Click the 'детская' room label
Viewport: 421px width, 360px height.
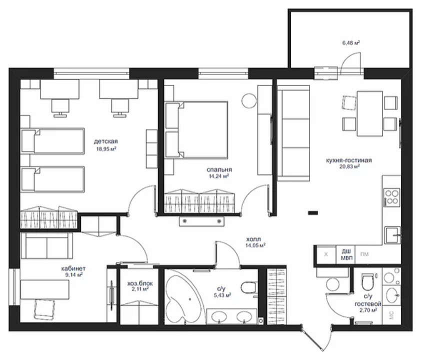pos(106,141)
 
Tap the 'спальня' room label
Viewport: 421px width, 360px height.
pos(219,169)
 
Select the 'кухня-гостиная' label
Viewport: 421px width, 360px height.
pos(349,160)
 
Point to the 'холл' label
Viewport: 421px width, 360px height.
pos(253,239)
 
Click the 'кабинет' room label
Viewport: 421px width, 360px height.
pos(73,268)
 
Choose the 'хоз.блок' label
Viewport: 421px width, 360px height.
pos(140,283)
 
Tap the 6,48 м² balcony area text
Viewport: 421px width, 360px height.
pos(351,42)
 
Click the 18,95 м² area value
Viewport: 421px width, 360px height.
pos(106,148)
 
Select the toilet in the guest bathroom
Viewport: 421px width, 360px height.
pos(367,282)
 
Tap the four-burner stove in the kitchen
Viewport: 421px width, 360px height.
pos(391,197)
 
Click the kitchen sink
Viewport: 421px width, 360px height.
pos(393,235)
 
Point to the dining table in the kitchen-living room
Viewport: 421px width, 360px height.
pos(369,113)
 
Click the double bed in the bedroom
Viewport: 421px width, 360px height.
pos(197,130)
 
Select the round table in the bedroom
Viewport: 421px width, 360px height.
pos(249,100)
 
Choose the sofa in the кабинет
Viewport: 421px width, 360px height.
pos(46,245)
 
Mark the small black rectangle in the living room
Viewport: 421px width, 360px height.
pos(313,213)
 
